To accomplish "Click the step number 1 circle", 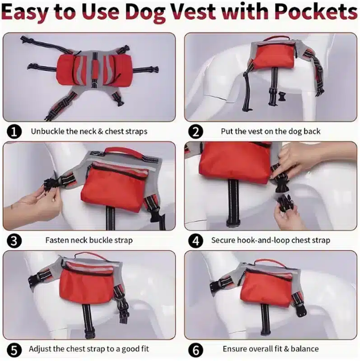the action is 14,132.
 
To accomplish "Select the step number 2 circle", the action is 196,132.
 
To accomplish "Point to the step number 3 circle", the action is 14,241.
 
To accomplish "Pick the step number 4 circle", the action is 196,241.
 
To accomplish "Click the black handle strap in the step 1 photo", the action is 94,70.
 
